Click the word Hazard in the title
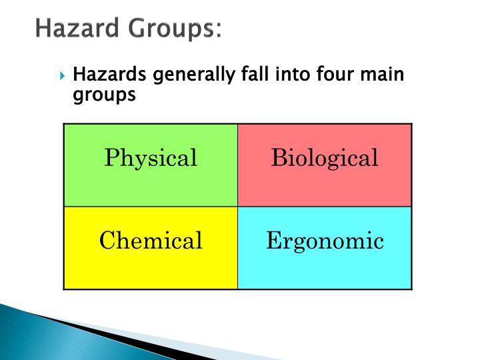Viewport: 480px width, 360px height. click(x=72, y=29)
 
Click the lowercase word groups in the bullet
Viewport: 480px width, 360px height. click(x=103, y=95)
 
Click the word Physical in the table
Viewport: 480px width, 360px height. click(x=151, y=158)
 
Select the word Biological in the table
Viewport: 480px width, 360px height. click(x=325, y=158)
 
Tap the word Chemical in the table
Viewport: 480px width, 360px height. click(x=151, y=241)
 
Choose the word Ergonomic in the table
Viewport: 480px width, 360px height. click(x=325, y=241)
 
